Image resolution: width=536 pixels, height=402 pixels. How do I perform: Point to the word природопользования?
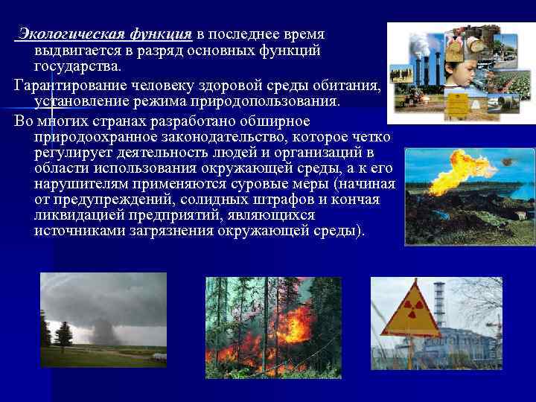point(275,100)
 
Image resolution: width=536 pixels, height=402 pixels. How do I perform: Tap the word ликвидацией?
point(82,215)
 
